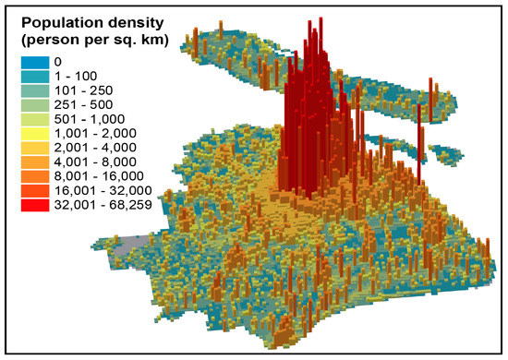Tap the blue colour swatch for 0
[x=32, y=60]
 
